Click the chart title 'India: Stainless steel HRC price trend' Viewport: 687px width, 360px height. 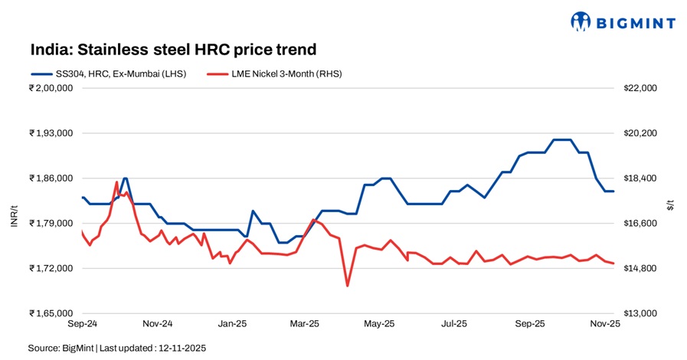[173, 51]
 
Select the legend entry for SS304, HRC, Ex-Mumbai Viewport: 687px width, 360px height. [106, 74]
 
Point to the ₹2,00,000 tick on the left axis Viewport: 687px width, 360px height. [51, 88]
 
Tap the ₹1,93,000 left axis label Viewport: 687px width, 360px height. [51, 133]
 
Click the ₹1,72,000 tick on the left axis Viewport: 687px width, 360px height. [51, 269]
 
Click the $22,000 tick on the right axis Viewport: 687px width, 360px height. [641, 88]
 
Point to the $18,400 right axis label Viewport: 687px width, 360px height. [641, 178]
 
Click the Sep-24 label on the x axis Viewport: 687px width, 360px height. [81, 324]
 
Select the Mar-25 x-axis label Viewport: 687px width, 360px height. [305, 324]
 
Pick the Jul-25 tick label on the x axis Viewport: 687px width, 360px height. [455, 324]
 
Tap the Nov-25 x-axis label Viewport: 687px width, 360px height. [605, 324]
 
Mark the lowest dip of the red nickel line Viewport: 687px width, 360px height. [347, 286]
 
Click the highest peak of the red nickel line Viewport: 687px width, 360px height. [116, 182]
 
